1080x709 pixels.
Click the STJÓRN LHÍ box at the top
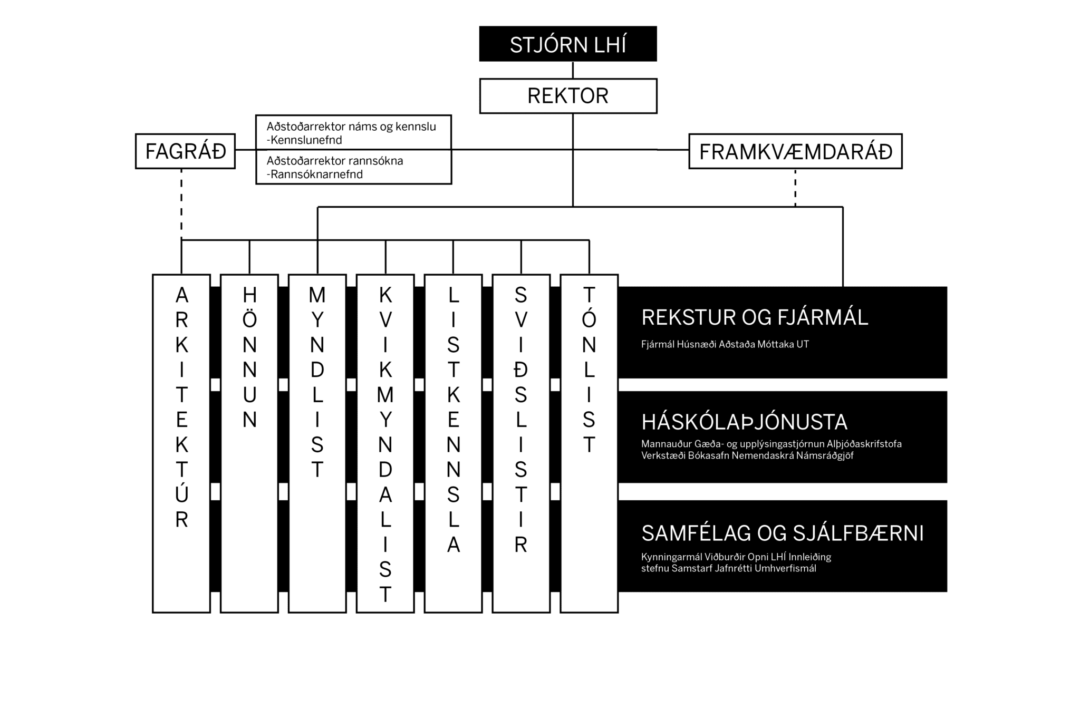pos(568,44)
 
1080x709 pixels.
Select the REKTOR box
pos(568,96)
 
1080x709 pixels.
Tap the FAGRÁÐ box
pos(185,151)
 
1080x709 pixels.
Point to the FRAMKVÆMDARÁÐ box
pos(795,151)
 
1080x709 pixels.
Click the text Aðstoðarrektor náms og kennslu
pos(351,127)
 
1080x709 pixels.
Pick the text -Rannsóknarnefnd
pos(315,174)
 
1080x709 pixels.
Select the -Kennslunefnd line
pos(304,140)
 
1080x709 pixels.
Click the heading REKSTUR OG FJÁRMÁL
pos(755,318)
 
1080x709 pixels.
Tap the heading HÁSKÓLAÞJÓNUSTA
pos(745,422)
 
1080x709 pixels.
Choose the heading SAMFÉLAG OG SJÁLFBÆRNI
pos(783,534)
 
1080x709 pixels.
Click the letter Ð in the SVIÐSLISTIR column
pos(520,371)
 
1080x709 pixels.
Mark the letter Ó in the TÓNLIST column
pos(589,318)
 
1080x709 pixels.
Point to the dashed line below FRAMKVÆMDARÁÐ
pos(795,188)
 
